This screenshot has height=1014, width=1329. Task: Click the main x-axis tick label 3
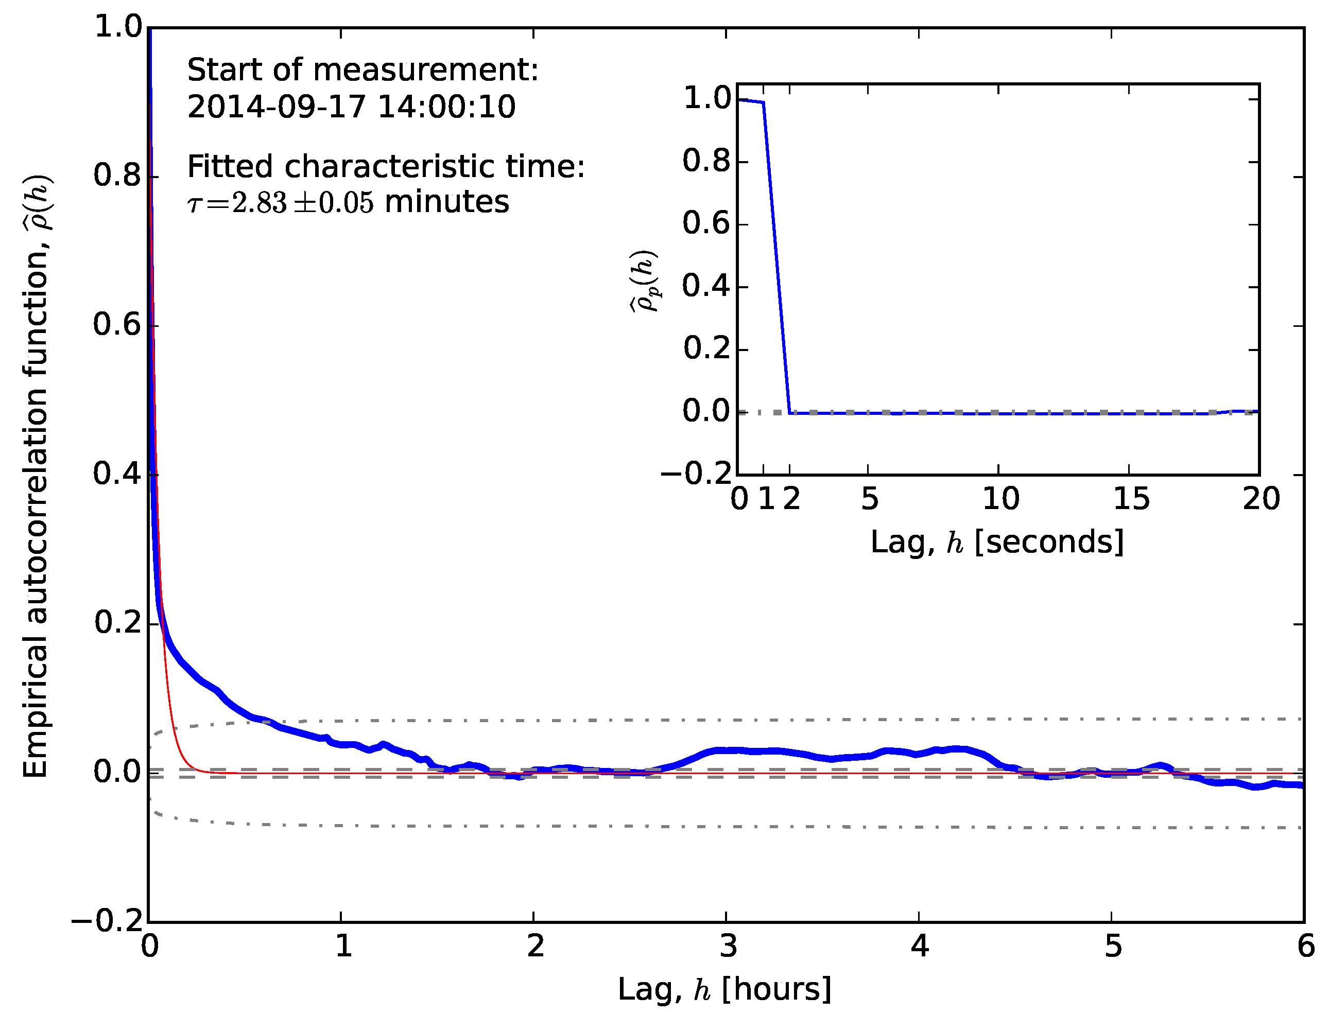pyautogui.click(x=728, y=947)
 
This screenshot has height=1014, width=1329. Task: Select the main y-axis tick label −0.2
pyautogui.click(x=109, y=922)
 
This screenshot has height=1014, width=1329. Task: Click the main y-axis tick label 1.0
pyautogui.click(x=118, y=27)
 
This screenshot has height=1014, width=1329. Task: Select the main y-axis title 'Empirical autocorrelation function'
pyautogui.click(x=35, y=477)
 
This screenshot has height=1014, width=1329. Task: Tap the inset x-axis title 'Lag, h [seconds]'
pyautogui.click(x=997, y=541)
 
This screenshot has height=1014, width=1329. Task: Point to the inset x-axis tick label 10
pyautogui.click(x=1000, y=499)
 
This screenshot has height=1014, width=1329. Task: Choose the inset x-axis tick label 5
pyautogui.click(x=869, y=499)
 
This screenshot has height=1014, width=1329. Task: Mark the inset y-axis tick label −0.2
pyautogui.click(x=696, y=474)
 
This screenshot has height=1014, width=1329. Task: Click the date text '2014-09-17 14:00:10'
pyautogui.click(x=351, y=107)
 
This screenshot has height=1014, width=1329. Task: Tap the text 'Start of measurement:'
pyautogui.click(x=363, y=70)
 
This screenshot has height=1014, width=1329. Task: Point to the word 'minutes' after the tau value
pyautogui.click(x=446, y=202)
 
